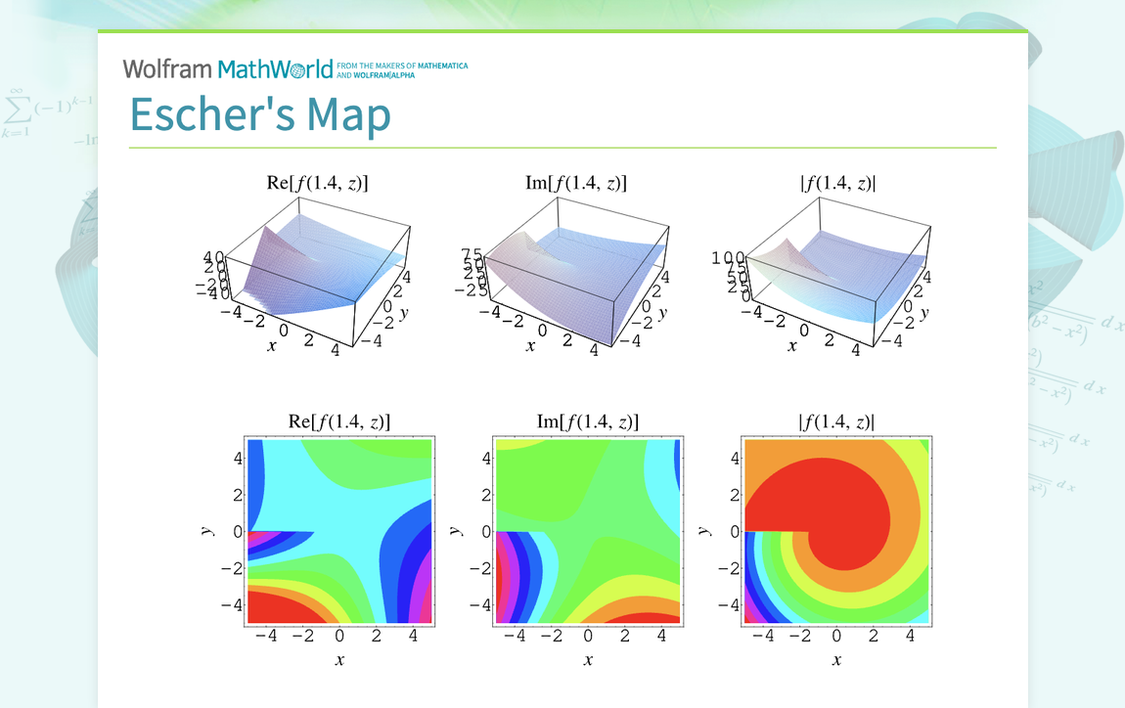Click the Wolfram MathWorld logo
[228, 69]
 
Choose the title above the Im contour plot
[588, 421]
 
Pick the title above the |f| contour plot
[836, 421]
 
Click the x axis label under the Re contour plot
[339, 660]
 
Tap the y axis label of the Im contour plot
[455, 531]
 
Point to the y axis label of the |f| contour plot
[703, 531]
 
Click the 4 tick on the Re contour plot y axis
[237, 459]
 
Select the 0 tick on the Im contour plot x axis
[588, 637]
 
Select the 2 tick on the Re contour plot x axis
[377, 637]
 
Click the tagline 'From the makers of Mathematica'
[401, 66]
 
